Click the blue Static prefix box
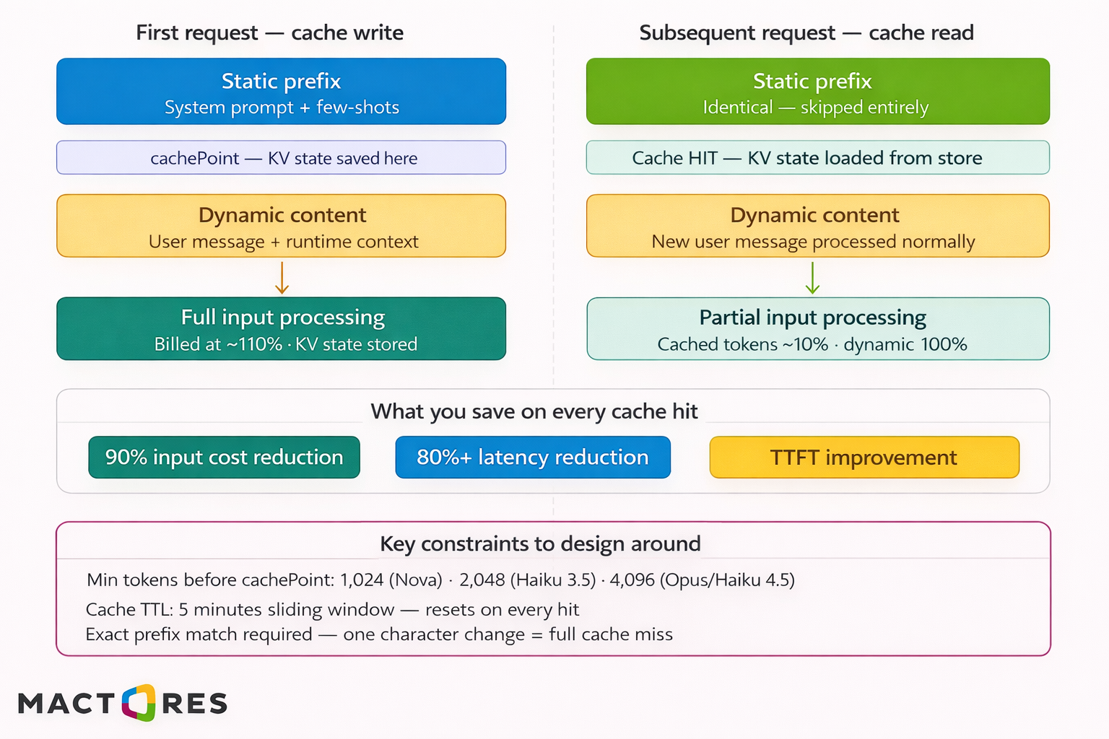coord(281,92)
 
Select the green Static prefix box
coord(817,92)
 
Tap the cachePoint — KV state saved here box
coord(281,158)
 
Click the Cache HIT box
coord(817,158)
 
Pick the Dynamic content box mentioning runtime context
coord(281,226)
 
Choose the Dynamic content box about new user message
coord(817,226)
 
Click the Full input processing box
coord(281,329)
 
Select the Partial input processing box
coord(817,329)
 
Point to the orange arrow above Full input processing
coord(282,278)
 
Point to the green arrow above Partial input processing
coord(812,278)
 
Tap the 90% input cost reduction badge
coord(224,458)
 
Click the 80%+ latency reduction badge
coord(533,458)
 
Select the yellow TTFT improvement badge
coord(864,458)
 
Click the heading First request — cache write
coord(269,32)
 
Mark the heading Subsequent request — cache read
coord(806,32)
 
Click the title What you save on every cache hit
coord(534,411)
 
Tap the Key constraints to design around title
coord(540,543)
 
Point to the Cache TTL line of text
coord(332,610)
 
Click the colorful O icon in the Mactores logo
coord(139,703)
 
